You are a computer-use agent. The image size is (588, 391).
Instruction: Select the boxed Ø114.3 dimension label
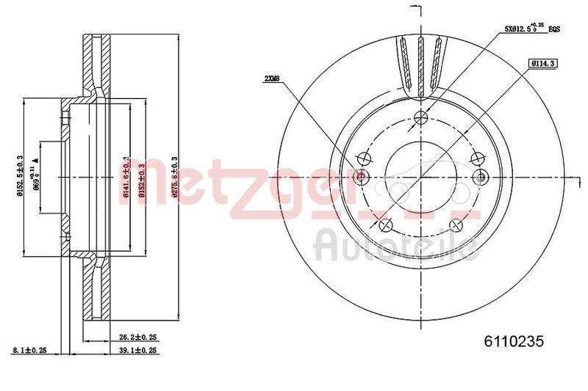(540, 64)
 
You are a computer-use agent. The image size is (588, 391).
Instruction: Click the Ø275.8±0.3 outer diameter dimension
(174, 178)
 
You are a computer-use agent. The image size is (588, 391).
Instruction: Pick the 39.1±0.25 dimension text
(139, 351)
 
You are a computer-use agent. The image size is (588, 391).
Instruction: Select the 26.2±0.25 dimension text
(139, 337)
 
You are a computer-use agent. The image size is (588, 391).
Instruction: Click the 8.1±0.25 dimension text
(30, 351)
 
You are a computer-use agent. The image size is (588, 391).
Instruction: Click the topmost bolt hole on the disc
(420, 117)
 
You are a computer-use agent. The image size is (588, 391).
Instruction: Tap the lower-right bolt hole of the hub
(457, 225)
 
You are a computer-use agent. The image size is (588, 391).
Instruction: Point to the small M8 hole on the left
(360, 177)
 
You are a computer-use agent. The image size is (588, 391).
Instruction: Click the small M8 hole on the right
(481, 177)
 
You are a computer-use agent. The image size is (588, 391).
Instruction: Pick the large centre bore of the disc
(420, 178)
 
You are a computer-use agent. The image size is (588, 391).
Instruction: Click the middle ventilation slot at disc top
(420, 66)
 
